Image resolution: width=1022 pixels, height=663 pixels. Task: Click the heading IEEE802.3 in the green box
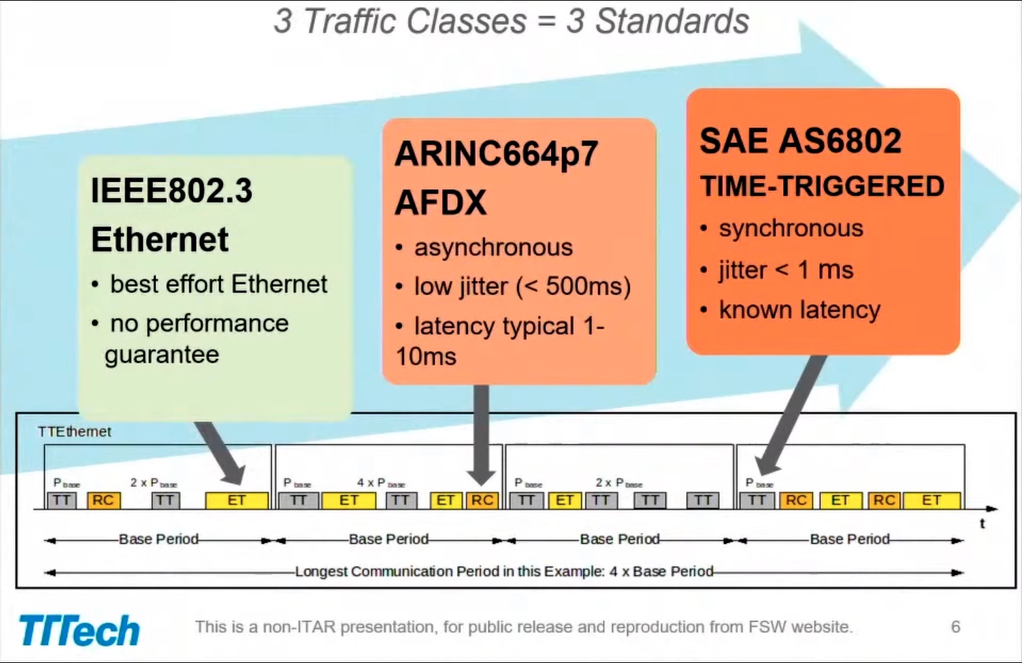171,191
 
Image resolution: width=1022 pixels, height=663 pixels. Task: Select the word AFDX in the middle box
441,203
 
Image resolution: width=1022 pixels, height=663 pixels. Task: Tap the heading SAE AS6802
800,141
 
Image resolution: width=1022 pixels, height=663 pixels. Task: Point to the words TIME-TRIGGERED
822,187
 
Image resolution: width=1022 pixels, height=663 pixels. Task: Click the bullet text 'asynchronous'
493,248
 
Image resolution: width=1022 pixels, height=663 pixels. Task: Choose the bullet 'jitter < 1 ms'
785,270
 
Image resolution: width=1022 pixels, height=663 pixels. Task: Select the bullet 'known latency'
799,310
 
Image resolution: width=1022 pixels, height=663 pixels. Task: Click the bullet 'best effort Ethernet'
218,285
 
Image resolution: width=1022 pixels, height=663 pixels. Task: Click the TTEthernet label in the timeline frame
74,432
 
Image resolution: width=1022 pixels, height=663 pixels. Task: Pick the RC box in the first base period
103,500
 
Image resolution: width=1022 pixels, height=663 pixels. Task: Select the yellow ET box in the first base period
237,500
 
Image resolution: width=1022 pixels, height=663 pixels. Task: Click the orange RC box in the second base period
482,500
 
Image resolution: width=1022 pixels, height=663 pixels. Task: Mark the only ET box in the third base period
565,500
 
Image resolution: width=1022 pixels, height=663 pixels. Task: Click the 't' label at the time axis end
982,524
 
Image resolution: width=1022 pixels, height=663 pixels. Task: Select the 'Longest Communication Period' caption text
504,571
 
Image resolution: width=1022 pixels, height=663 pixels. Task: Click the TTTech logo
79,630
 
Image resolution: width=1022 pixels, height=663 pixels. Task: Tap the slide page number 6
955,627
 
